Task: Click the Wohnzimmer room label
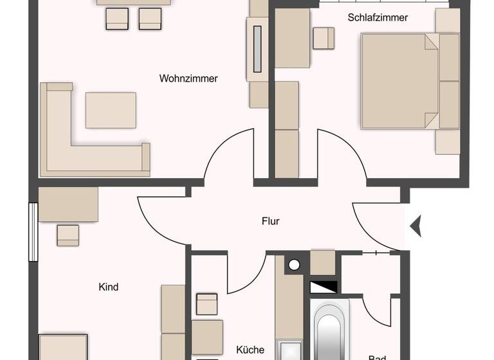pos(188,79)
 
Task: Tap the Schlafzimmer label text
pos(378,18)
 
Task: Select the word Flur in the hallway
pos(271,221)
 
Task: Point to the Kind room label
pos(109,287)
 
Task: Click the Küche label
pos(250,350)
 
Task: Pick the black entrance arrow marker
pos(416,225)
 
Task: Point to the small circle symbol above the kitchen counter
pos(294,264)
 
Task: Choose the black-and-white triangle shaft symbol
pos(323,287)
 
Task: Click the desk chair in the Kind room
pos(68,235)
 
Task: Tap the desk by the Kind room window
pos(68,204)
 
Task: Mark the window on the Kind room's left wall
pos(33,232)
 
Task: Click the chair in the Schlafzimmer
pos(324,38)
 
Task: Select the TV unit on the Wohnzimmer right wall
pos(259,50)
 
